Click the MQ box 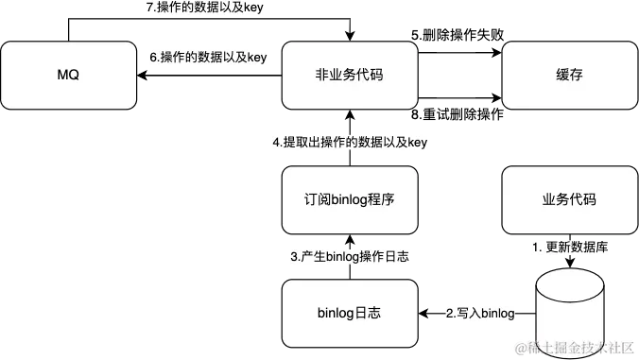point(68,73)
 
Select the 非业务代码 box point(350,73)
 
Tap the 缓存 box point(569,73)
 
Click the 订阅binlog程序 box point(350,200)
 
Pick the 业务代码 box point(569,200)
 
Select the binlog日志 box point(350,313)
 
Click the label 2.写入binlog point(479,313)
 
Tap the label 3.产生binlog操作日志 point(350,257)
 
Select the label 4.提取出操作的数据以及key point(350,143)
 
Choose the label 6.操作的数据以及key point(211,59)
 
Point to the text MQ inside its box point(68,73)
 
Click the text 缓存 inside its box point(569,73)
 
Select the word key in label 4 point(417,143)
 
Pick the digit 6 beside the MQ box point(153,59)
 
